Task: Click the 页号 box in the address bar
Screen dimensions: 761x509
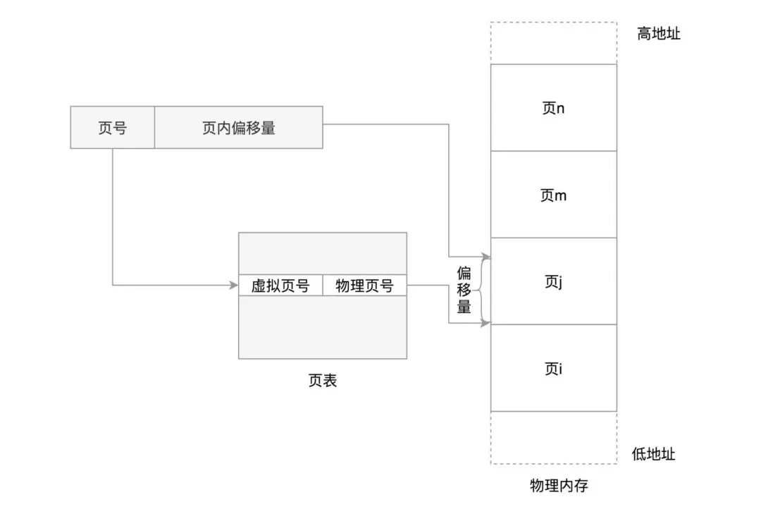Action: [113, 127]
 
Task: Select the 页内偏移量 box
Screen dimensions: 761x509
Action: [239, 127]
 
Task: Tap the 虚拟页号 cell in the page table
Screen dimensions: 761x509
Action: [280, 286]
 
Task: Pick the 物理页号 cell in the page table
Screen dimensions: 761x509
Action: [365, 286]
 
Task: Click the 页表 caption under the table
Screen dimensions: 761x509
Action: [323, 380]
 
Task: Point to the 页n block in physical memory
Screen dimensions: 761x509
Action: [554, 107]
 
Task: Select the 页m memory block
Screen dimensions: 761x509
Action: [554, 195]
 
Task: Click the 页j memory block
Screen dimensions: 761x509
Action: [554, 281]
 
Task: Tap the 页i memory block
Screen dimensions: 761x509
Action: [554, 368]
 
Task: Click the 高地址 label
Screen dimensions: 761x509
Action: [659, 34]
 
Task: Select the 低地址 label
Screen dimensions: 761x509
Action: [653, 454]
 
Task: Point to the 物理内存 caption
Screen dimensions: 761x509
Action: [559, 485]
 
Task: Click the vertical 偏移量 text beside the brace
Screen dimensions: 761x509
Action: [464, 290]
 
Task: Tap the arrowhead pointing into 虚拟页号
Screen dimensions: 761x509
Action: [233, 285]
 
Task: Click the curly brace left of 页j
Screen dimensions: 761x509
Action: [484, 290]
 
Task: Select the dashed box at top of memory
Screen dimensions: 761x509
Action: [554, 23]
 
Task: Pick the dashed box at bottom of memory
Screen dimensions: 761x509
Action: [554, 464]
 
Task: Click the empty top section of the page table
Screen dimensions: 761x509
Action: [323, 254]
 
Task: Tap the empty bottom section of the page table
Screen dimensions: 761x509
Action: [323, 327]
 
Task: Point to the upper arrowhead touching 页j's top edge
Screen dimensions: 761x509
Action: [485, 256]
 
